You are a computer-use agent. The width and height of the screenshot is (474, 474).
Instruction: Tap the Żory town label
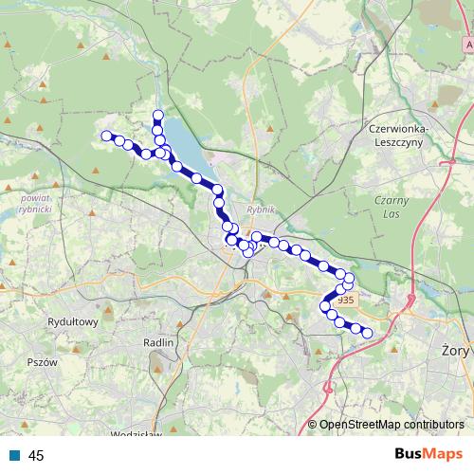point(456,349)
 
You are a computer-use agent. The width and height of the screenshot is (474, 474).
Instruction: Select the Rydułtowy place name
point(73,322)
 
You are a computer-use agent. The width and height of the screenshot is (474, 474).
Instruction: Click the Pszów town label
point(43,362)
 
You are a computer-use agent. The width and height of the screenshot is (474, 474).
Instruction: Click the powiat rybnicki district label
point(34,203)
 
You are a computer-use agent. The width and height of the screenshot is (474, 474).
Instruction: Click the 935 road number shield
point(345,301)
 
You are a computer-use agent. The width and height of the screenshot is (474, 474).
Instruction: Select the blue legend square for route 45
point(15,455)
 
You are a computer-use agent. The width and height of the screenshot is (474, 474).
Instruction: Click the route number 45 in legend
point(37,455)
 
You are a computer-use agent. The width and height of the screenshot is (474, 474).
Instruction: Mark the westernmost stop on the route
point(106,135)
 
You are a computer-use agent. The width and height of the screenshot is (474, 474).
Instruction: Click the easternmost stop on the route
point(368,333)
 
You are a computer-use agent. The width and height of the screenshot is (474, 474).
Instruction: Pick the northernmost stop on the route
point(157,116)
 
